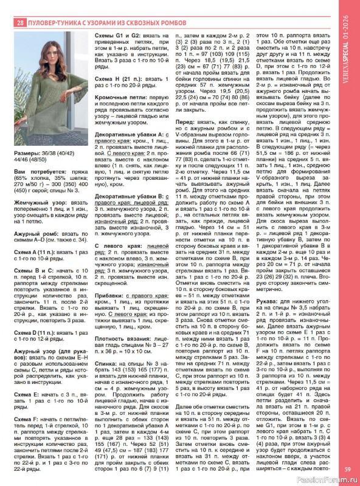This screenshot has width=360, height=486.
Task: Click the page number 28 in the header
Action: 21,24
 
